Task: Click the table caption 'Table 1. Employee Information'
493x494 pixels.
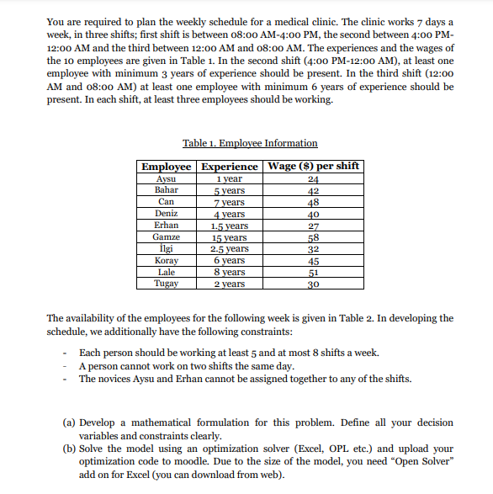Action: (250, 143)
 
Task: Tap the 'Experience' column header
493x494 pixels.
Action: (228, 166)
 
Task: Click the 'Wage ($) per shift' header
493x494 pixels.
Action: (313, 166)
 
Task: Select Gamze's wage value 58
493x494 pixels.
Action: (313, 237)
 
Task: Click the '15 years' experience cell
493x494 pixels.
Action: (228, 237)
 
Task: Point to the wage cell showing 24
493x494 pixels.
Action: (313, 178)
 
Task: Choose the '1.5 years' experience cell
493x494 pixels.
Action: (228, 226)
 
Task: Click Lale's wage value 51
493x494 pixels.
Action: (313, 273)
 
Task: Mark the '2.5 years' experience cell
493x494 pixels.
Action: (228, 249)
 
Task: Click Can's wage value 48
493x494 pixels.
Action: (313, 202)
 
